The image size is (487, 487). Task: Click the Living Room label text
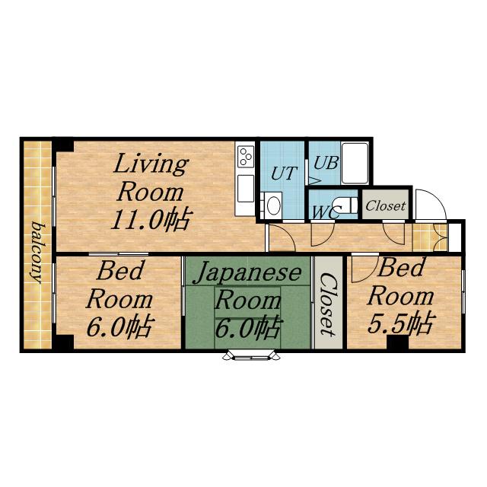click(x=151, y=178)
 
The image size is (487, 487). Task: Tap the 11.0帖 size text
click(x=151, y=220)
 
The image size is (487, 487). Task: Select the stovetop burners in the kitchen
click(x=245, y=156)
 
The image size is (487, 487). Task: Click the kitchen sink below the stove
click(x=246, y=189)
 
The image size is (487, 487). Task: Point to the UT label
click(x=284, y=173)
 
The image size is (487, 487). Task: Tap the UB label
click(x=326, y=162)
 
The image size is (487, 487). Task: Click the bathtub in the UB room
click(x=355, y=163)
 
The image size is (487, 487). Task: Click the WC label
click(x=325, y=212)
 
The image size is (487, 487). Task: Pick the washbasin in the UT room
click(x=274, y=205)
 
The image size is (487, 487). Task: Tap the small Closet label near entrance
click(x=386, y=205)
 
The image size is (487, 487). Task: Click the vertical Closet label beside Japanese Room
click(x=328, y=304)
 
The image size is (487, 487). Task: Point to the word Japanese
click(x=247, y=272)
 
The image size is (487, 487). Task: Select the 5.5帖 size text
click(x=400, y=323)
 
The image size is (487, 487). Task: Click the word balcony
click(x=40, y=253)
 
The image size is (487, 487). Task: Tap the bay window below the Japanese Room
click(x=252, y=355)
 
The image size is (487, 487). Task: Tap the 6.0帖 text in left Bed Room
click(x=120, y=326)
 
